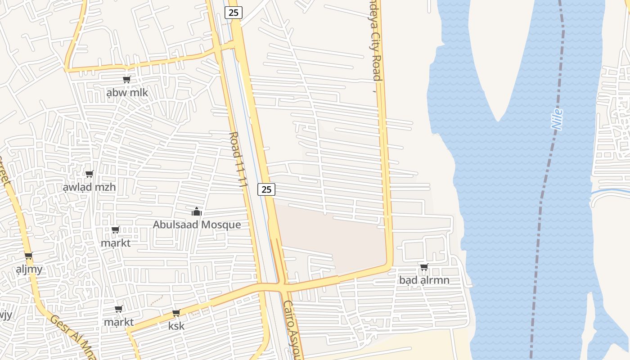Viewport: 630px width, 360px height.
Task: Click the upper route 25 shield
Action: [233, 13]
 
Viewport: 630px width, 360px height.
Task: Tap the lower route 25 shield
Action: [266, 189]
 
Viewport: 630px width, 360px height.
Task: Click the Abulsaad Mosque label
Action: [197, 225]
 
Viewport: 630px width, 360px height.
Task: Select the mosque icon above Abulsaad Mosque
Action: [197, 211]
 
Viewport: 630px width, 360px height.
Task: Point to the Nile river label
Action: [558, 120]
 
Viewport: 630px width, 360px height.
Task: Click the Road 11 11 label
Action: [238, 159]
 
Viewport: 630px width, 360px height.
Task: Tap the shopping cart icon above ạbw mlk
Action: [126, 80]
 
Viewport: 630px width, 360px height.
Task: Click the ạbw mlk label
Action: [127, 93]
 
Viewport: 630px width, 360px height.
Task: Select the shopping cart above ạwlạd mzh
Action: [89, 174]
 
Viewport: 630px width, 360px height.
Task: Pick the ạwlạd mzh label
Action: [89, 187]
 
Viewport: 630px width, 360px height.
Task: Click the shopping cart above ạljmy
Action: [28, 256]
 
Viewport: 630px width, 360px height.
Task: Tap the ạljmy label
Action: [29, 270]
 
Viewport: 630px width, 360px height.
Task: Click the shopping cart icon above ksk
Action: [176, 313]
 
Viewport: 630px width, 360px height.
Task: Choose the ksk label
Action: [176, 326]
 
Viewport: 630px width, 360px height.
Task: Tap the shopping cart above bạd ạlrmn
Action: [424, 267]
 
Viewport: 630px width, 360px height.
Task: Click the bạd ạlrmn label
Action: [424, 280]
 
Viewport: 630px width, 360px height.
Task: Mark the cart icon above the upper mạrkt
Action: [115, 230]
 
